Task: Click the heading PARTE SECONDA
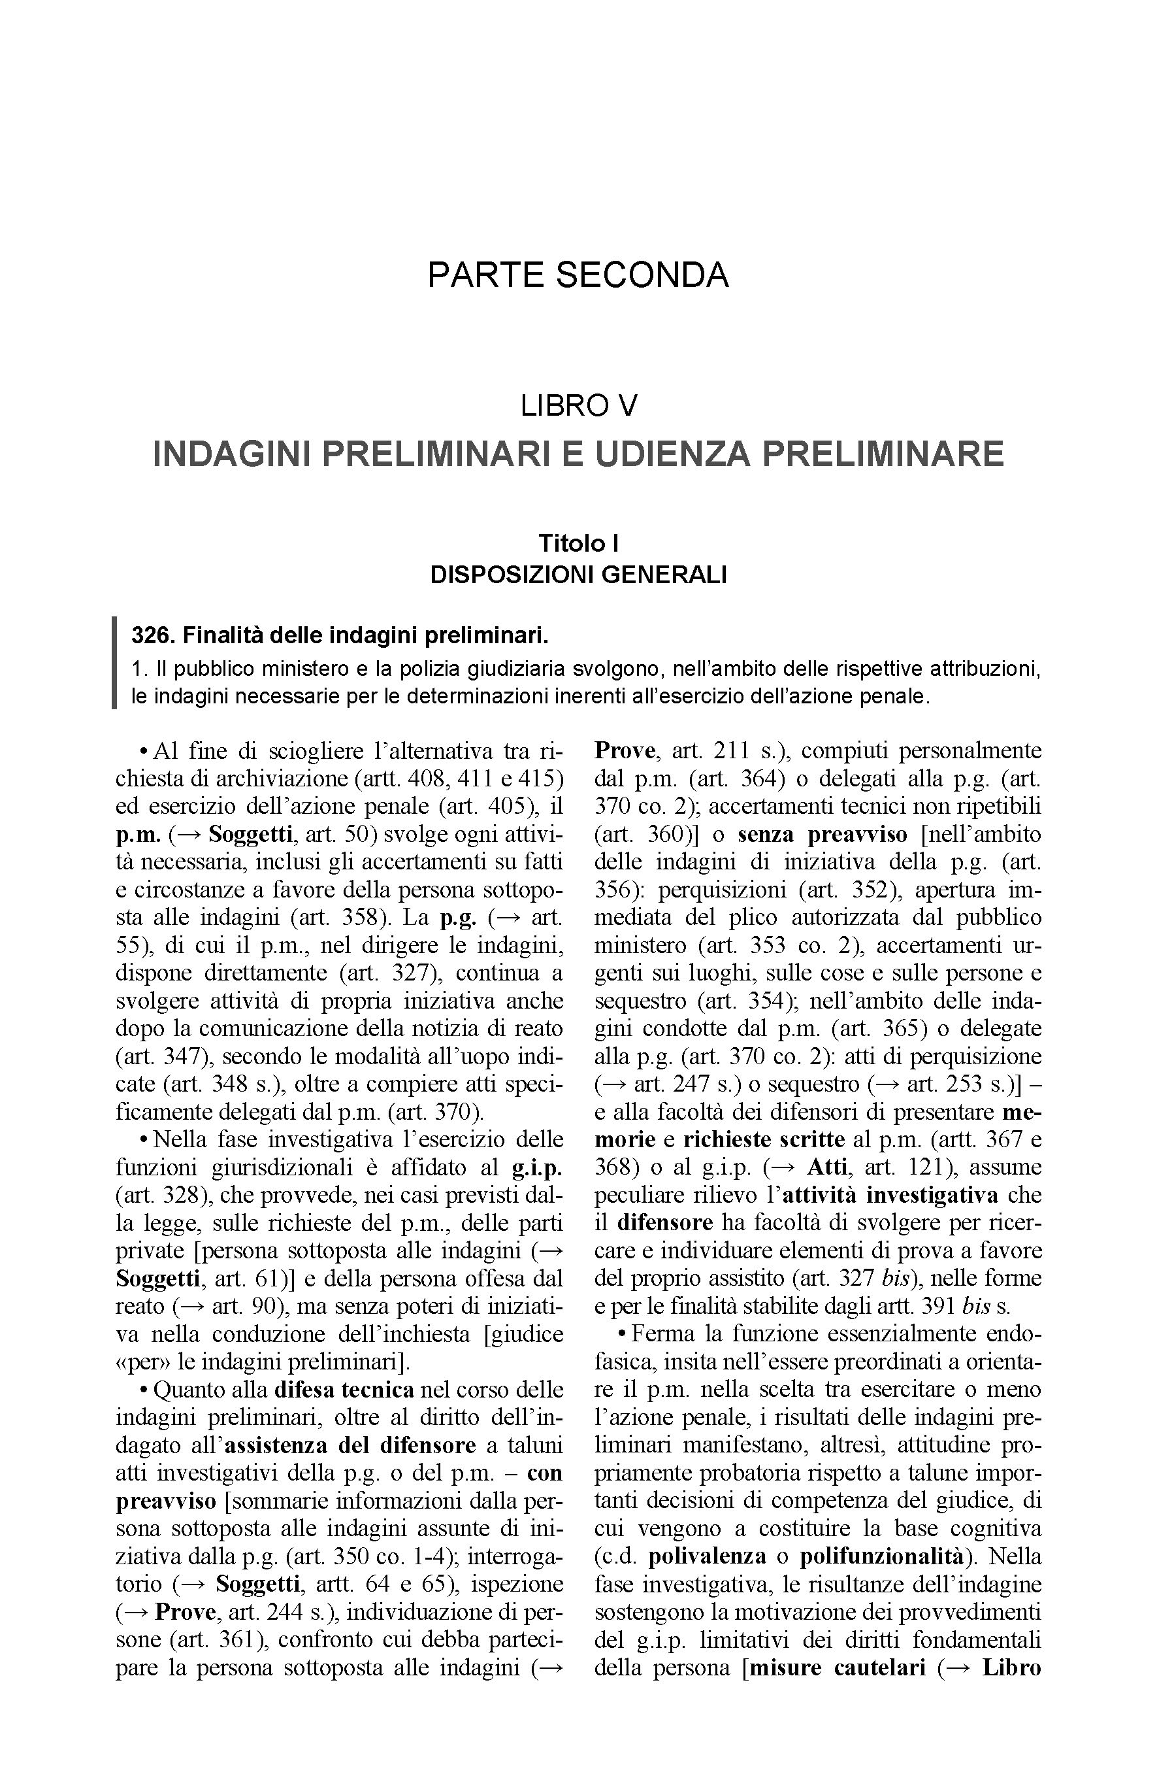(x=578, y=275)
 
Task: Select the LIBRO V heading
(x=578, y=406)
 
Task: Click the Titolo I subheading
(x=578, y=543)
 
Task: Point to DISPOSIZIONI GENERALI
(x=578, y=575)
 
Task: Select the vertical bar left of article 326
(x=114, y=663)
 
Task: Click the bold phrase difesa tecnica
(x=344, y=1390)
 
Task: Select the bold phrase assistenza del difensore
(x=350, y=1445)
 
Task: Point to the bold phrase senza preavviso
(x=822, y=834)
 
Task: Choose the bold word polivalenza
(x=707, y=1556)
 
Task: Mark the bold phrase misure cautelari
(x=838, y=1667)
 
